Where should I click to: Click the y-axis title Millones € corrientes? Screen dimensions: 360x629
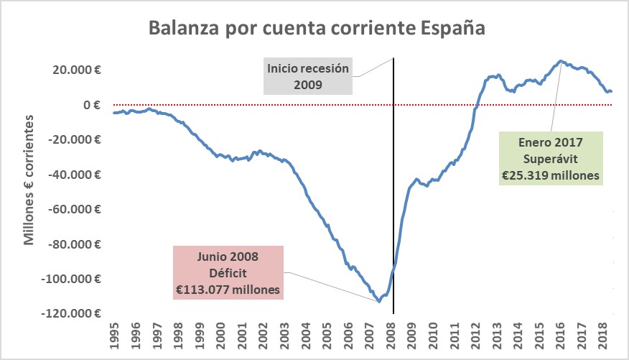[29, 184]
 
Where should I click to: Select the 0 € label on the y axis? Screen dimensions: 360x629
[91, 105]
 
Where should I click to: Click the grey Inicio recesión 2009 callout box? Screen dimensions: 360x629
[308, 76]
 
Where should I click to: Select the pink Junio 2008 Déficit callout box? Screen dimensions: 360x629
[228, 272]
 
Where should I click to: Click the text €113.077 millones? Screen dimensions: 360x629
[228, 289]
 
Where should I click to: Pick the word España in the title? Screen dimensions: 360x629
[451, 29]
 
